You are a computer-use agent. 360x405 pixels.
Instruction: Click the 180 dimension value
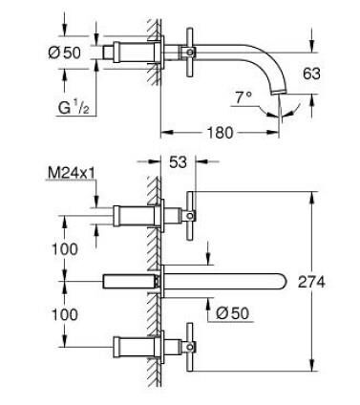tap(220, 133)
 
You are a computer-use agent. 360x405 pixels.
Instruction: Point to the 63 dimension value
tap(311, 74)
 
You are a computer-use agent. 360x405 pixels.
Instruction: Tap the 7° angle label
tap(244, 97)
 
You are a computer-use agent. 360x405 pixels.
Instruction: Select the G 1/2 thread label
tap(74, 107)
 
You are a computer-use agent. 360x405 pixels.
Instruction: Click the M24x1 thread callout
tap(72, 174)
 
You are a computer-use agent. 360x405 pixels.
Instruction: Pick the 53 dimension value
tap(178, 162)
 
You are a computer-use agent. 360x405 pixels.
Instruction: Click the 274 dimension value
tap(311, 282)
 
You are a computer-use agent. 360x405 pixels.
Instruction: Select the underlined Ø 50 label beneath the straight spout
tap(232, 313)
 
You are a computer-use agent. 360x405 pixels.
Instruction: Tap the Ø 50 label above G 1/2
tap(65, 53)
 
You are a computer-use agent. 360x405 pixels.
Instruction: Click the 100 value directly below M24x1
tap(65, 249)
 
